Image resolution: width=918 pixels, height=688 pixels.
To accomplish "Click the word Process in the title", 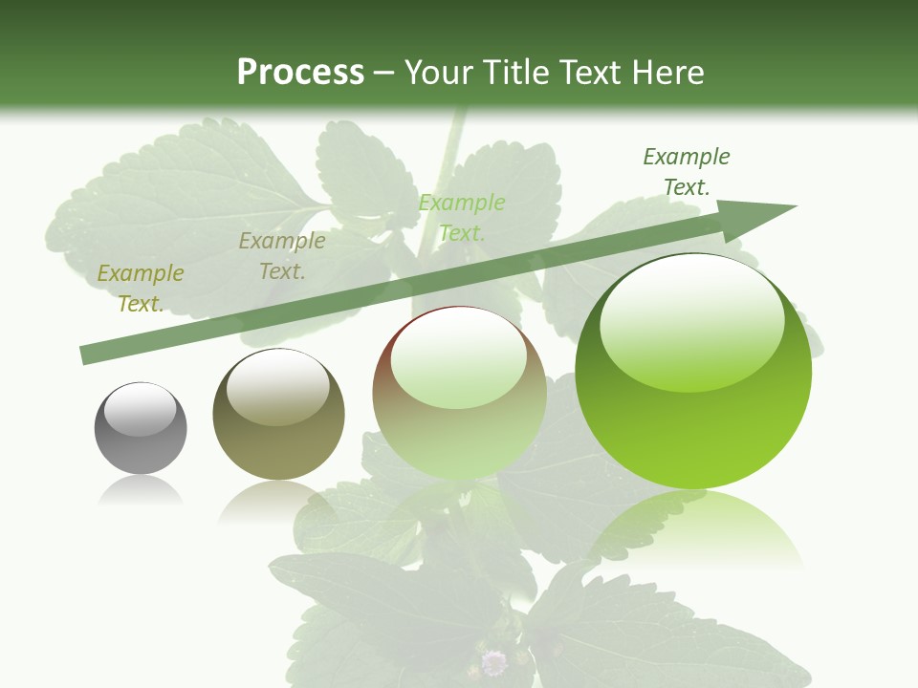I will coord(300,73).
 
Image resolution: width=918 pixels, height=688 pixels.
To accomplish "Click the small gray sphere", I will coord(141,428).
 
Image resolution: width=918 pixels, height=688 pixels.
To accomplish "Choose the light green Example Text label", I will coord(462,217).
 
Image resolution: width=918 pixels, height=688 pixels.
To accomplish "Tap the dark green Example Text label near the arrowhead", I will coord(687,172).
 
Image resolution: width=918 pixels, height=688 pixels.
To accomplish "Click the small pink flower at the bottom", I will coord(493,661).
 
